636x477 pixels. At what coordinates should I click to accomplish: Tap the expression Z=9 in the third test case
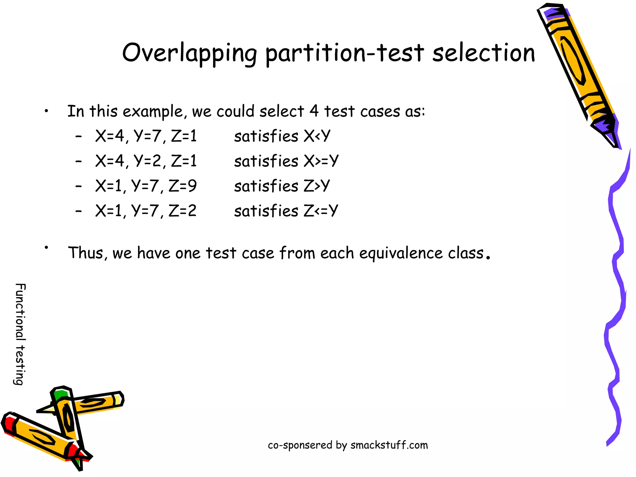[183, 186]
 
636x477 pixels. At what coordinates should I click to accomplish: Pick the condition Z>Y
[316, 186]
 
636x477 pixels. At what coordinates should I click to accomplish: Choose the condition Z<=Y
[320, 211]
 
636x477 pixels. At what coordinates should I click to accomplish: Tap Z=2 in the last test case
[183, 211]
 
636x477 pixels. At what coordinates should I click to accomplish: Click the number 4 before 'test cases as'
[314, 111]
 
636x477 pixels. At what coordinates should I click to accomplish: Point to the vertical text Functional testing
[20, 334]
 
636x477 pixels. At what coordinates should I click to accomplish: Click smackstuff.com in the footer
[389, 445]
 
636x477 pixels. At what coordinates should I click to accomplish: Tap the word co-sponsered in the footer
[300, 445]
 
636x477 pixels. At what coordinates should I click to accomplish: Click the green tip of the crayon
[60, 395]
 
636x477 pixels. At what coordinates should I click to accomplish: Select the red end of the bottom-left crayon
[9, 425]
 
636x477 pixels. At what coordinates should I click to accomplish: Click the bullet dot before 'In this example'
[46, 111]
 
